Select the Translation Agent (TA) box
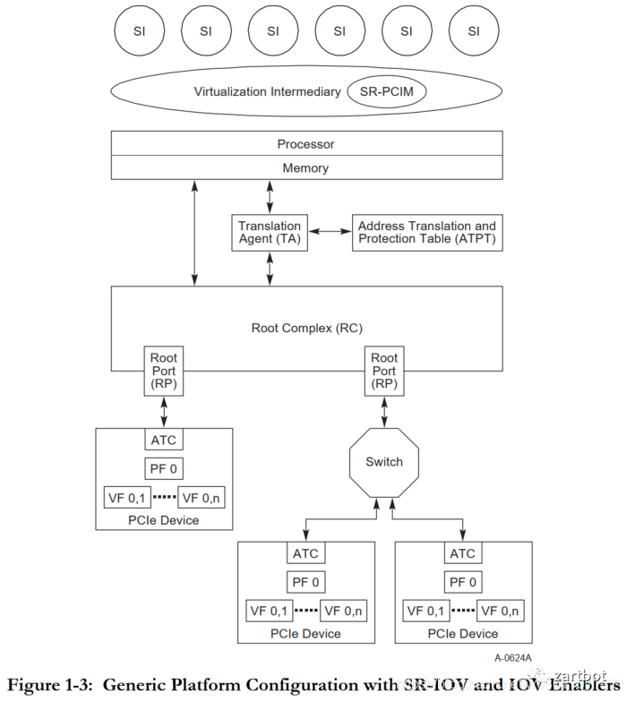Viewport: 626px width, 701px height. click(x=269, y=232)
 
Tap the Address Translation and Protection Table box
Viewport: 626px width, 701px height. click(x=426, y=232)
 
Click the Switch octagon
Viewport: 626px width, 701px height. click(x=384, y=462)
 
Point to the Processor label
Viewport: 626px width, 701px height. click(x=305, y=143)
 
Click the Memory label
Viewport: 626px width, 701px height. click(x=305, y=167)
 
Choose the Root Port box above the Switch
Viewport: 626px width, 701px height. click(x=384, y=371)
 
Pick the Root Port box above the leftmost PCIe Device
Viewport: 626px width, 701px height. click(x=164, y=371)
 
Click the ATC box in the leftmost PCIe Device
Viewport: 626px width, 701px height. click(x=164, y=440)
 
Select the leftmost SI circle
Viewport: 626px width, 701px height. click(x=139, y=30)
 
